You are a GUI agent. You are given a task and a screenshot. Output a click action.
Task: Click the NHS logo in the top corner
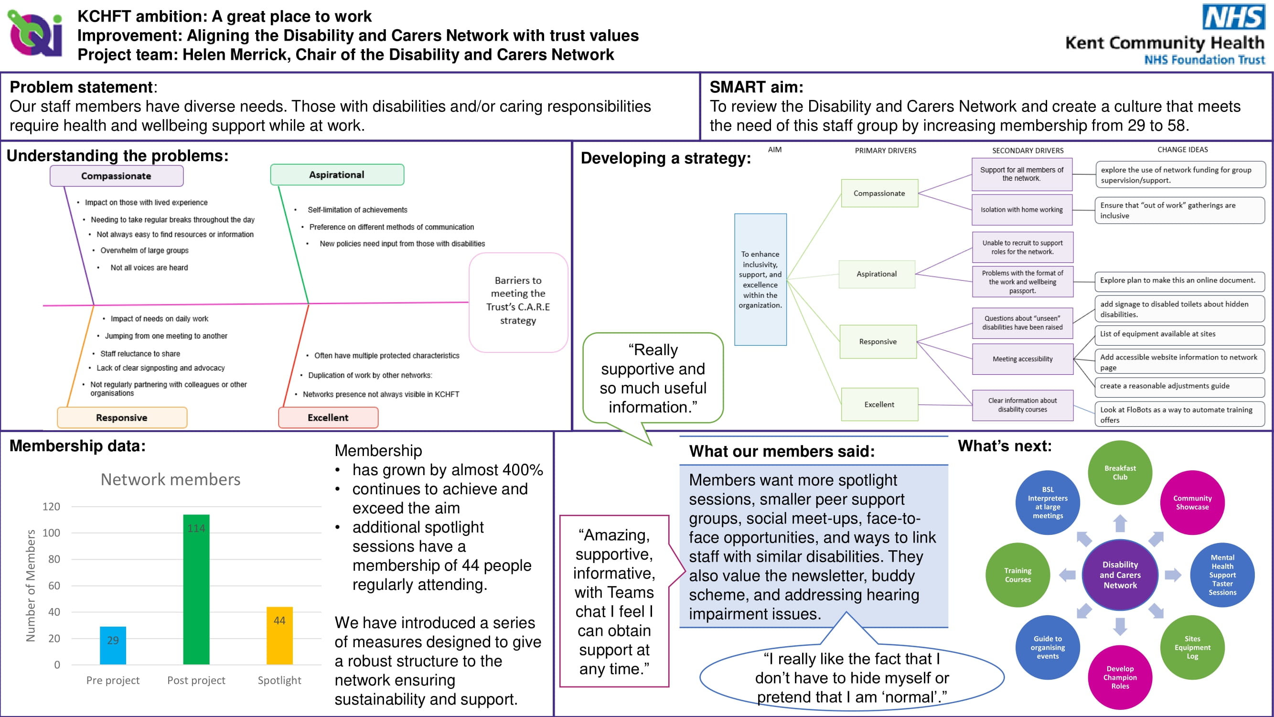[x=1233, y=17]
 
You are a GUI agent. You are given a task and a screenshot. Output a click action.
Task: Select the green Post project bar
[x=196, y=589]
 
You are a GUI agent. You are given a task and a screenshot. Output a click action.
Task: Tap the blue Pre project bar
[x=113, y=645]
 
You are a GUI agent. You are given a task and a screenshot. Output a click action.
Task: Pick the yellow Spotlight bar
[x=279, y=635]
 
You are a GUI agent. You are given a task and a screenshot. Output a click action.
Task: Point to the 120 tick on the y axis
[x=51, y=506]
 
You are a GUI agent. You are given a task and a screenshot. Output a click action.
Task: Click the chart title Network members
[x=171, y=479]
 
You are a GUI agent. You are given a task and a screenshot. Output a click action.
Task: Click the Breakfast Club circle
[x=1120, y=473]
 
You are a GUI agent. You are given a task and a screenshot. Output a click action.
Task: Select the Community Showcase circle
[x=1192, y=502]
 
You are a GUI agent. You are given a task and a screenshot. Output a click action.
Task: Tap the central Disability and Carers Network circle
[x=1120, y=575]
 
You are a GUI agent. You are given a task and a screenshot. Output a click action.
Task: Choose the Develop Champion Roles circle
[x=1120, y=677]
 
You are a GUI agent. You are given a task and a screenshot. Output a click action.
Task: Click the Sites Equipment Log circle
[x=1192, y=647]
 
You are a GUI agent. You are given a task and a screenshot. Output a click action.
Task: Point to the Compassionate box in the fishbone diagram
[x=117, y=175]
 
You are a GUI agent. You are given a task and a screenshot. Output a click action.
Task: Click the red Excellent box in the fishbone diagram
[x=328, y=417]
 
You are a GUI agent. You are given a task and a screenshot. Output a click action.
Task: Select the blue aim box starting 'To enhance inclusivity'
[x=760, y=279]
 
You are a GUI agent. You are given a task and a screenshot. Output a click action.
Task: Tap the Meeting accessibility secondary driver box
[x=1023, y=359]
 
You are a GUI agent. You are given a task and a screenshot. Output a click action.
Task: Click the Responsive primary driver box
[x=878, y=341]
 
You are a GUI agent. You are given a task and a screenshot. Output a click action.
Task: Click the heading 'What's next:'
[x=1005, y=446]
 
